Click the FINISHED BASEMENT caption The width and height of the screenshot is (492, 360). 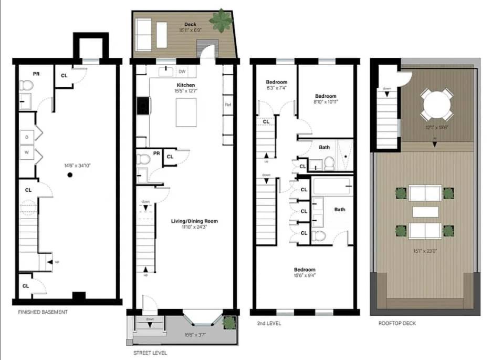tap(43, 312)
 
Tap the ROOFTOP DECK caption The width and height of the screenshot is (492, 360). tap(397, 323)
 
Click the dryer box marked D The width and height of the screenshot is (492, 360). tap(27, 137)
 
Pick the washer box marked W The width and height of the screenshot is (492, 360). tap(27, 153)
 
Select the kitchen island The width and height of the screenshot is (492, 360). tap(186, 112)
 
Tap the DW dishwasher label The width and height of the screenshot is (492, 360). tap(182, 71)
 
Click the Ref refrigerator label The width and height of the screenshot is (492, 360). tap(228, 105)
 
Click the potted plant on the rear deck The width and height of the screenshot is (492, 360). tap(221, 20)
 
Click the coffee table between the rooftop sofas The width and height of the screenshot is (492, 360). tap(425, 211)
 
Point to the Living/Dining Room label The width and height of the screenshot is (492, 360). tap(194, 221)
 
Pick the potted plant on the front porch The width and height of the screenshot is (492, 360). tap(228, 322)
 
